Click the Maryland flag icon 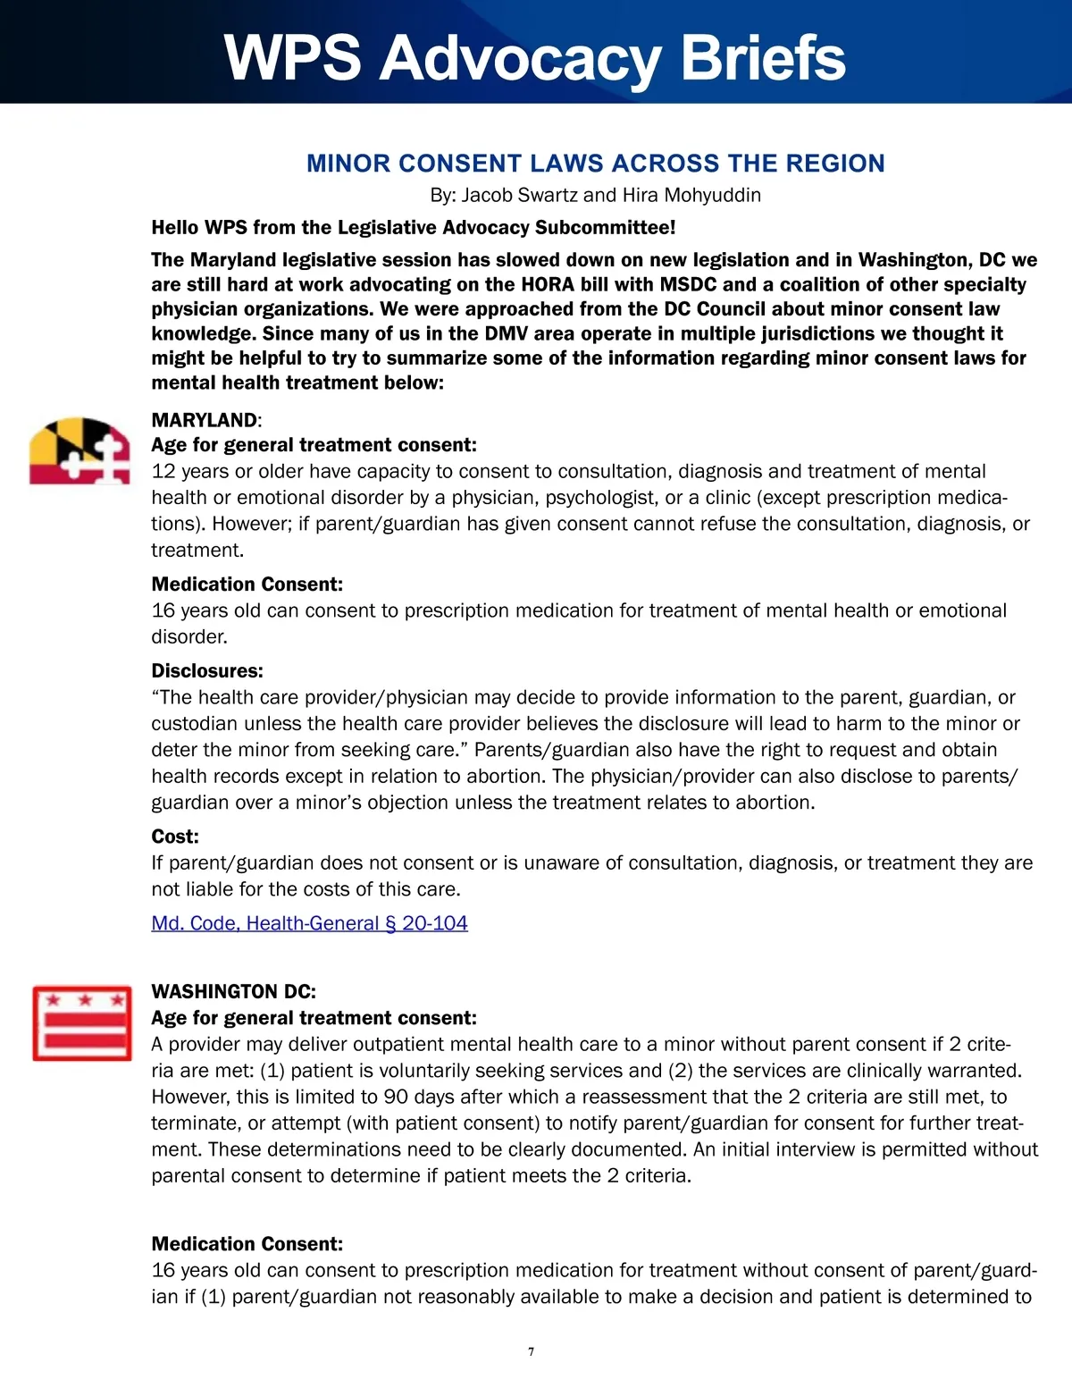tap(80, 450)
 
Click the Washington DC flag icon tap(81, 1022)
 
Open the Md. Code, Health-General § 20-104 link tap(309, 923)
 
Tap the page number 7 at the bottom tap(532, 1351)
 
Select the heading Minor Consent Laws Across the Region tap(595, 164)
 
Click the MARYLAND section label tap(204, 420)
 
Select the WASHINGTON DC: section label tap(233, 991)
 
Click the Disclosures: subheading tap(207, 671)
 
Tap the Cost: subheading tap(175, 837)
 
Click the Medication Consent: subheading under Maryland tap(247, 585)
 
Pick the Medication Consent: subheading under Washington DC tap(247, 1244)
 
